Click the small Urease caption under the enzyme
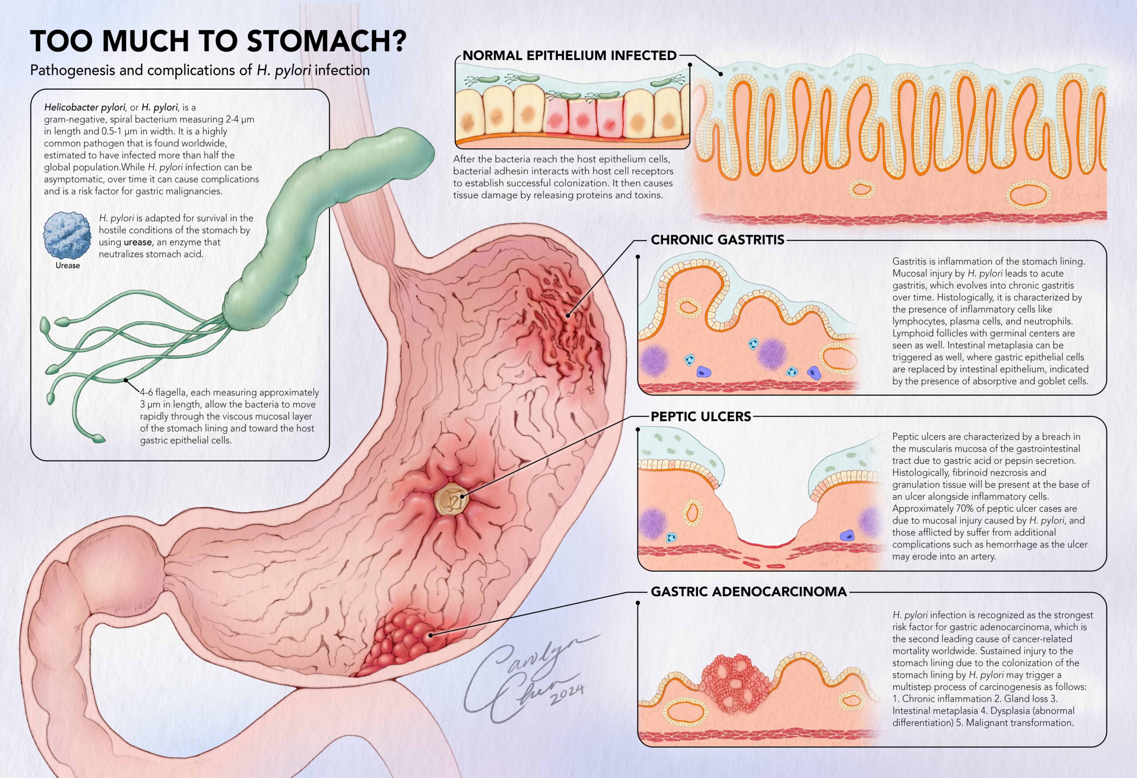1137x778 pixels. tap(68, 266)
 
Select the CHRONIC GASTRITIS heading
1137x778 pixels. tap(717, 240)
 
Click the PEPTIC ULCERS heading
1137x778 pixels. tap(700, 417)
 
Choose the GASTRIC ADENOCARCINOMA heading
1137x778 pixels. tap(748, 592)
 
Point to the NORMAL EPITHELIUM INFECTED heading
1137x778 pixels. tap(569, 56)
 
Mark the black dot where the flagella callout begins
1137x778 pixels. tap(126, 380)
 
